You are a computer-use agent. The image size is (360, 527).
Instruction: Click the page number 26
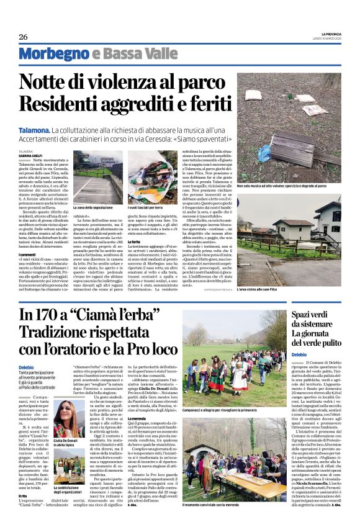tap(24, 37)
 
